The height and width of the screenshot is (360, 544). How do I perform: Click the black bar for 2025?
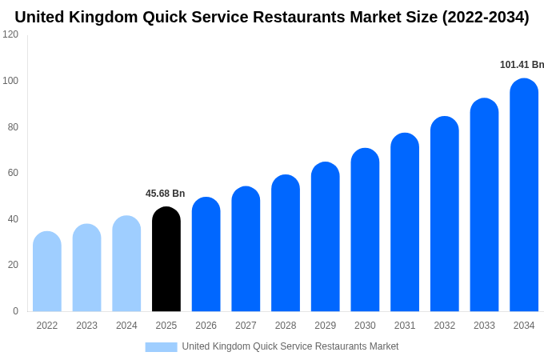(166, 259)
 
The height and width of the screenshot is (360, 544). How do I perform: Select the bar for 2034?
(524, 195)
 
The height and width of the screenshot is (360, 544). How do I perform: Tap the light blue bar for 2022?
(47, 271)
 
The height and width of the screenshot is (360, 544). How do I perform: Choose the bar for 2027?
(246, 249)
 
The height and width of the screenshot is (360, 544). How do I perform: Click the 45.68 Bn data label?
(165, 194)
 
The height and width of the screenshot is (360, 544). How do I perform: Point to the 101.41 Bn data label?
(522, 65)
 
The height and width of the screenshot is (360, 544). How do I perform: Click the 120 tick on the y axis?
(10, 34)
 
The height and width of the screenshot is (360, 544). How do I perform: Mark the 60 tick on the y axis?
(13, 173)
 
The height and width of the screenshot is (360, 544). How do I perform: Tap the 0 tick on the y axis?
(15, 311)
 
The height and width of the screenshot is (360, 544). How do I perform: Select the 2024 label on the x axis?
(126, 326)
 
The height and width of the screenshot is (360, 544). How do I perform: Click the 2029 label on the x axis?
(325, 326)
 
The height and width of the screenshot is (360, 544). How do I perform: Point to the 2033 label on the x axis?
(484, 326)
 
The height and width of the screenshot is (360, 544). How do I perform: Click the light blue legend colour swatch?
(161, 346)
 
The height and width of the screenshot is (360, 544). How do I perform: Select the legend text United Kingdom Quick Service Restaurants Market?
(290, 346)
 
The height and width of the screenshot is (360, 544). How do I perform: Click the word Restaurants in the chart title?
(299, 17)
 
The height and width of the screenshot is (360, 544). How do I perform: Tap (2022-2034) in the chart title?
(486, 17)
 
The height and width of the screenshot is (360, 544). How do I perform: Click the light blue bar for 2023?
(86, 267)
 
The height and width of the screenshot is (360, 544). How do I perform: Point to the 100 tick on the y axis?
(10, 81)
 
